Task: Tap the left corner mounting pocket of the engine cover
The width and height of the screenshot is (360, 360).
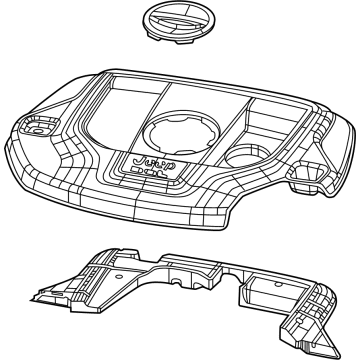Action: coord(34,127)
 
